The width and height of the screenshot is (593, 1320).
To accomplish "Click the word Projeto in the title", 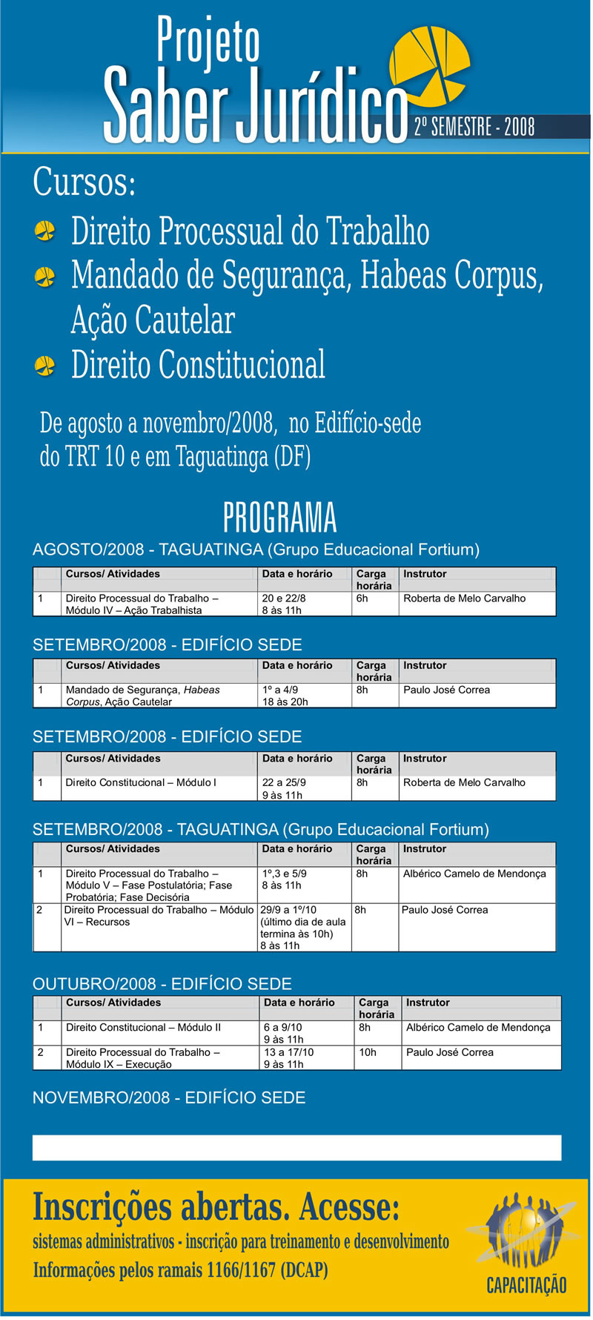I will coord(208,41).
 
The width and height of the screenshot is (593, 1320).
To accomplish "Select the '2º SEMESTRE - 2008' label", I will coord(474,127).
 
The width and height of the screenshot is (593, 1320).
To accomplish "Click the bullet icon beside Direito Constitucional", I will coord(45,366).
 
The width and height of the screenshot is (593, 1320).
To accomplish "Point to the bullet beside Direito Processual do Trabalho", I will coord(45,231).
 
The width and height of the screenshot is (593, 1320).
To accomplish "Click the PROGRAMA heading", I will coord(280,518).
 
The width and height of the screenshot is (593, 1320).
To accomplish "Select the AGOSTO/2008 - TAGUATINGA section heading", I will coord(256,550).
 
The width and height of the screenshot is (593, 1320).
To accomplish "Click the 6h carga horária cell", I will coord(362,598).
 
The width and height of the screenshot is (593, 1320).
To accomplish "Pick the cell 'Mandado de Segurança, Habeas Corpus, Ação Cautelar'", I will coord(143,696).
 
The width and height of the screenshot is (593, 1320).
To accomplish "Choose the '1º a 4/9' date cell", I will coord(280,690).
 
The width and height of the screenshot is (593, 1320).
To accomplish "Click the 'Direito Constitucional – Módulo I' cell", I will coord(141,782).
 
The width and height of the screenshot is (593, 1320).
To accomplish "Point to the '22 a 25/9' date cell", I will coord(284,782).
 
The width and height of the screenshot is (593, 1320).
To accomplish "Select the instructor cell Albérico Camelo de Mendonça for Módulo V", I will coord(474,874).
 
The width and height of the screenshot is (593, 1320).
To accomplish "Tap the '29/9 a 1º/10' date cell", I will coord(288,910).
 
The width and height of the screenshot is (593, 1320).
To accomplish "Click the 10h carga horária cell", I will coord(368,1052).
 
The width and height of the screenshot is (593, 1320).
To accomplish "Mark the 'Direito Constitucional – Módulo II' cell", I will coord(143,1027).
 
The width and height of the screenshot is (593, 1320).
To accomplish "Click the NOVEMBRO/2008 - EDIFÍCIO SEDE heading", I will coord(169,1098).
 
